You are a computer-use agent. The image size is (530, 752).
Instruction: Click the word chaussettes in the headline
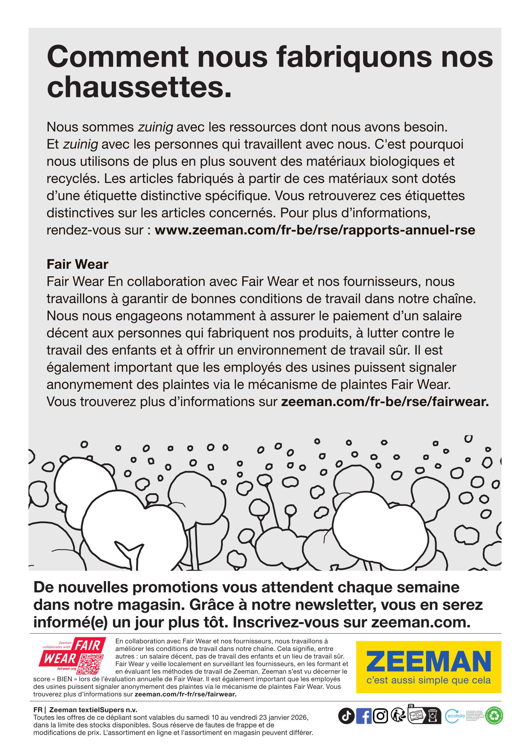tap(139, 87)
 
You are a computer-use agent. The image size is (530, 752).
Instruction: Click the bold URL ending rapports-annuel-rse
tap(315, 230)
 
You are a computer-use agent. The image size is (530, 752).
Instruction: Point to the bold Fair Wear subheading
tap(77, 264)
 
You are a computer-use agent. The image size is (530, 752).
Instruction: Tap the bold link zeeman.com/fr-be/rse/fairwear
tap(385, 402)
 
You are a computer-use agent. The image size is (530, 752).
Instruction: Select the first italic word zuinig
tap(155, 127)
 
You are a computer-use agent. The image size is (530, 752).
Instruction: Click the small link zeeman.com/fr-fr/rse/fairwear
tap(185, 694)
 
